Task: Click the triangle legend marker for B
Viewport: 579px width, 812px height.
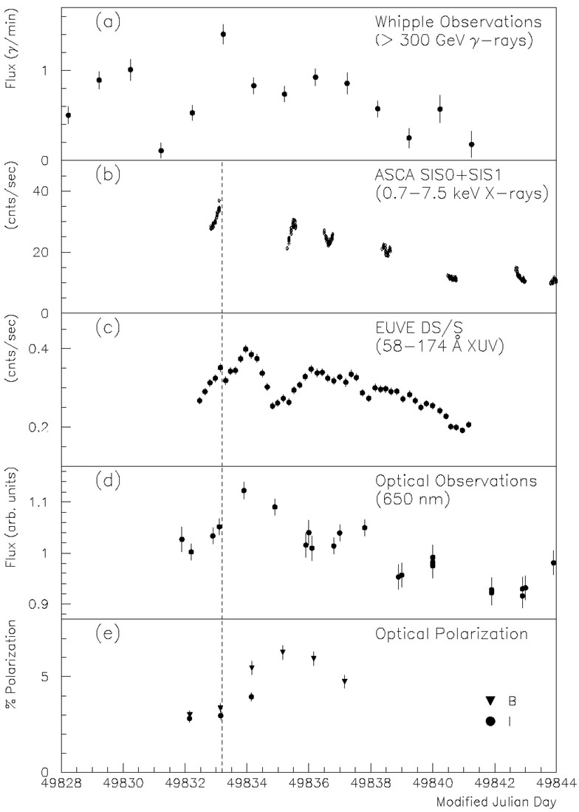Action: tap(490, 700)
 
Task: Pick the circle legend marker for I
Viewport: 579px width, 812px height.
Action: tap(490, 721)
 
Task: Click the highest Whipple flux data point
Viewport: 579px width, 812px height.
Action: tap(223, 34)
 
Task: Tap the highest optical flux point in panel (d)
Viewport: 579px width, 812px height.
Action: tap(244, 491)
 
